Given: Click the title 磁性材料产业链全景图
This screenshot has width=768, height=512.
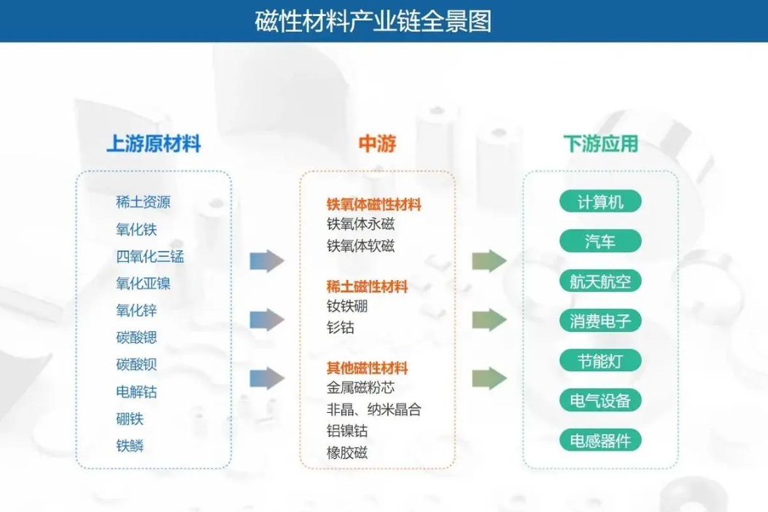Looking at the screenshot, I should [x=373, y=20].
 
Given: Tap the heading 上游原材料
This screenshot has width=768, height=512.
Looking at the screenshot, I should [x=153, y=144].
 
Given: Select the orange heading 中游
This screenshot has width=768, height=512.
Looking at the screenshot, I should [x=377, y=144].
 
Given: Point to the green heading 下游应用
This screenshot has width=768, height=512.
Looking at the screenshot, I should [x=600, y=144].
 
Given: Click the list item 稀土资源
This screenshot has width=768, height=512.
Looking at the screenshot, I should [x=143, y=202].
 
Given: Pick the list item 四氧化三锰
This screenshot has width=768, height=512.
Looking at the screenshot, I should [x=150, y=256].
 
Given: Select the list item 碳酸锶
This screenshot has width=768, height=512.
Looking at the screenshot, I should [x=136, y=338].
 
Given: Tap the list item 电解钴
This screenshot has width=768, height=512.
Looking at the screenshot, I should [x=136, y=392].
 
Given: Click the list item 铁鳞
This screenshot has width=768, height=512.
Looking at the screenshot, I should [x=130, y=446].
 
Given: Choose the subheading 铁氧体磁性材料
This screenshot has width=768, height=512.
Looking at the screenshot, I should [x=373, y=205].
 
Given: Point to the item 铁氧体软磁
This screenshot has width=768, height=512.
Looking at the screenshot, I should [x=360, y=246].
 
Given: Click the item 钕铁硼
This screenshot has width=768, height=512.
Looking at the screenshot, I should [x=347, y=306].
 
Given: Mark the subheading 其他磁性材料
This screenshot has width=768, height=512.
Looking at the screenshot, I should [x=367, y=368].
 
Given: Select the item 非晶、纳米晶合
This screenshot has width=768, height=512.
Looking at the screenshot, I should [x=373, y=409].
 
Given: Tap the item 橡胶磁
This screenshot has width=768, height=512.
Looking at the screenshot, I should [x=347, y=452].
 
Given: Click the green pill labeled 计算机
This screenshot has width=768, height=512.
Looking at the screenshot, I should [x=600, y=201].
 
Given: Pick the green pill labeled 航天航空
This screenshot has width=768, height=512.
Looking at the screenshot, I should [x=600, y=281].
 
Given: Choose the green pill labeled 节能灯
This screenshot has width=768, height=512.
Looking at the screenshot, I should [x=600, y=360].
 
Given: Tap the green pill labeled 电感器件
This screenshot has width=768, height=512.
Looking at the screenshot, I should [x=600, y=440].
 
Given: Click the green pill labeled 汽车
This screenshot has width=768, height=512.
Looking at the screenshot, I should [x=600, y=241].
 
